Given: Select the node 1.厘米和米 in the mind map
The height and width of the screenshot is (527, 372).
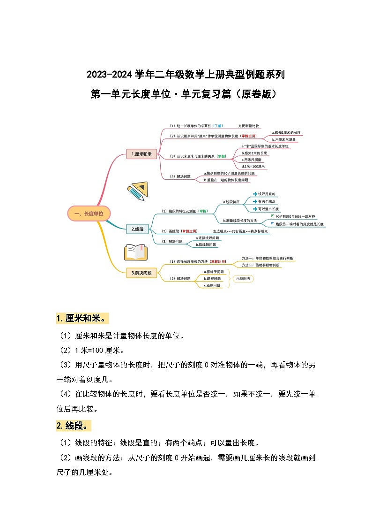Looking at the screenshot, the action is tap(141, 153).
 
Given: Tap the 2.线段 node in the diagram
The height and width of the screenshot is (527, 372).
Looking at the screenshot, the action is tap(137, 229).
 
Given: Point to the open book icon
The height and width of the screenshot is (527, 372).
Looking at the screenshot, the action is tap(136, 252).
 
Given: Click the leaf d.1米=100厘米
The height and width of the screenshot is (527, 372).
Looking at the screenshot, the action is tap(253, 166).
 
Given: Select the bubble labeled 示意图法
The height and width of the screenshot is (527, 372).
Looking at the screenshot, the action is tap(243, 278).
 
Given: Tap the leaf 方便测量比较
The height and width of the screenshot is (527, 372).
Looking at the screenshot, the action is tap(248, 126).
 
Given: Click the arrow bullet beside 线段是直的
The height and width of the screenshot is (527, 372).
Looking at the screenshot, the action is tap(254, 194).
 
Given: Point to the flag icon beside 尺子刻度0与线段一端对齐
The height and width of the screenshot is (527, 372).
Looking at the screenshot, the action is tap(273, 216).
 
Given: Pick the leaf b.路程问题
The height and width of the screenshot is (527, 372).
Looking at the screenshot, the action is tap(212, 278).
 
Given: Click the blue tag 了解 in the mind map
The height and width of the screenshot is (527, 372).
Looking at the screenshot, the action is tap(218, 126).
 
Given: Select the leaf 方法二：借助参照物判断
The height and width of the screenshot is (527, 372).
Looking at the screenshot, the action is tap(260, 265).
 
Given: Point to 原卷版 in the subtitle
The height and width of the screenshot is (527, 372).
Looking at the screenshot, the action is tap(256, 94).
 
